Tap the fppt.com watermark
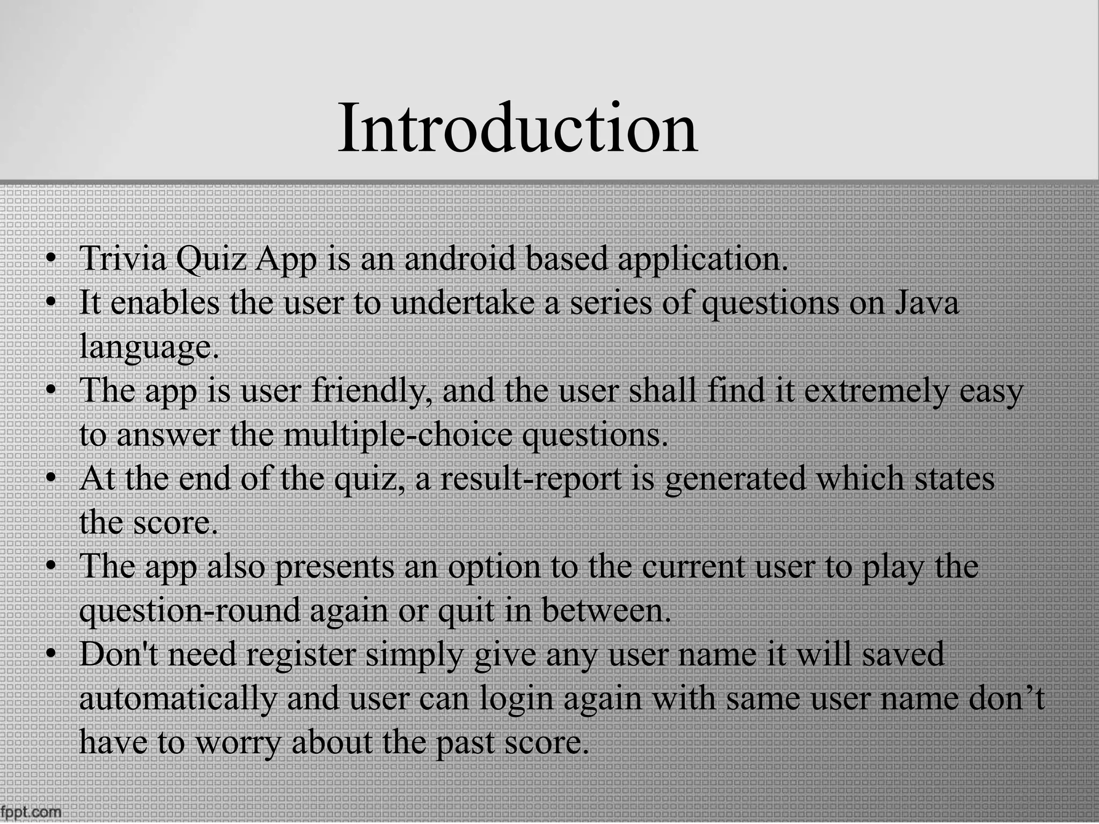pyautogui.click(x=31, y=812)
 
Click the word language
pyautogui.click(x=149, y=348)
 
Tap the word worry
pyautogui.click(x=237, y=744)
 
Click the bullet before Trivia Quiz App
pyautogui.click(x=51, y=260)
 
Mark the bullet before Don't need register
pyautogui.click(x=51, y=656)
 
